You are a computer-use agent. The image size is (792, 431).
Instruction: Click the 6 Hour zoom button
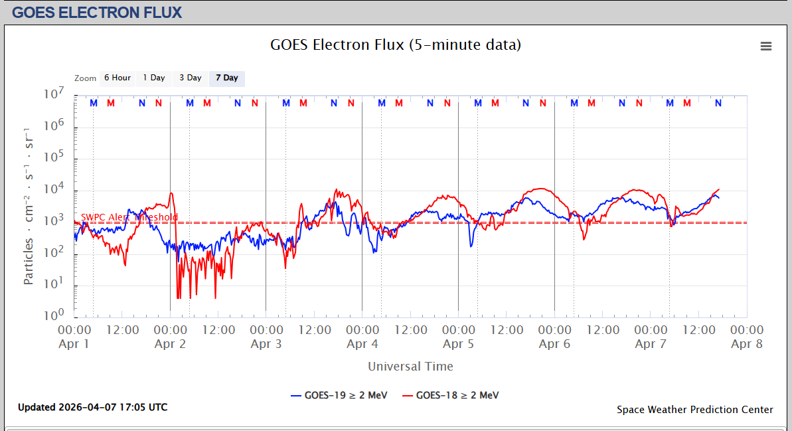pos(118,78)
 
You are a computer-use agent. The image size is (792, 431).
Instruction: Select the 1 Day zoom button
pos(154,78)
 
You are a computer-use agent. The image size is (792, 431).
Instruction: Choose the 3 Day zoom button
pos(190,78)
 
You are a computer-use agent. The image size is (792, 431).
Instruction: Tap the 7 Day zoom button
pos(227,78)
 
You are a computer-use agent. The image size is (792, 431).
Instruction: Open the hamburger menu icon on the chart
pos(766,46)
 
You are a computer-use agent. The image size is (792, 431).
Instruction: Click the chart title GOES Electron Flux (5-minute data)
pos(396,45)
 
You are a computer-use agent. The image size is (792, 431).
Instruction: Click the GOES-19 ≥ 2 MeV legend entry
pos(338,395)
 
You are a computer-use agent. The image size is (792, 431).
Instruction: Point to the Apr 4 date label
pos(362,344)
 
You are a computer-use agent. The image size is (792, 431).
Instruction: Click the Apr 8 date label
pos(747,344)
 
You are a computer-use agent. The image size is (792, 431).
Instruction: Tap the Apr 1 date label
pos(74,344)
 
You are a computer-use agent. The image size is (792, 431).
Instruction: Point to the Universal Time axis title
pos(410,366)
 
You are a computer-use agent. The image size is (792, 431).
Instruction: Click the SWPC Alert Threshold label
pos(129,217)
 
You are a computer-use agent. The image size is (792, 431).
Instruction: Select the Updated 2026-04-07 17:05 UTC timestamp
pos(92,407)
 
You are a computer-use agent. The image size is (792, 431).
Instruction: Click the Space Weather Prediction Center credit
pos(694,410)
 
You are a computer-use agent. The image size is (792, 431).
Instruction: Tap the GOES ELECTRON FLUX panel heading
pos(97,13)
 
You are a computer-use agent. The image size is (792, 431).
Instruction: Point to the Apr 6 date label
pos(554,344)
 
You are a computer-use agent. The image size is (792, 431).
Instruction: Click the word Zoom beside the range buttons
pos(86,78)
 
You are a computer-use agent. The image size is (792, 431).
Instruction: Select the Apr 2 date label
pos(170,344)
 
